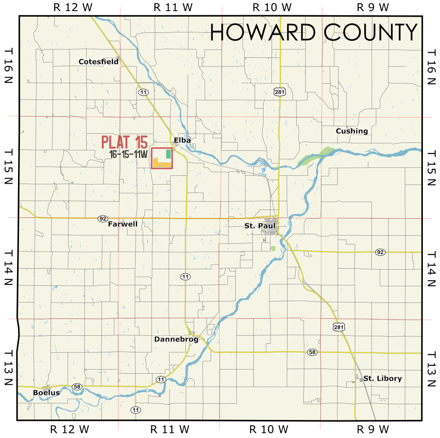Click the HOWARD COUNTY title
point(314,32)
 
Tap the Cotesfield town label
point(98,62)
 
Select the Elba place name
point(182,140)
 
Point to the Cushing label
point(352,131)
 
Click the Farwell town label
point(123,224)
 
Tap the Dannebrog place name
point(176,339)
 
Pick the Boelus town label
point(46,393)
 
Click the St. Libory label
point(382,378)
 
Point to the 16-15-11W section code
point(128,154)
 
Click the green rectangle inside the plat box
point(168,154)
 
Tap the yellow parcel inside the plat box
point(162,164)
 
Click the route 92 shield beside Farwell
point(103,218)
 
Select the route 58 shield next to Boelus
point(76,386)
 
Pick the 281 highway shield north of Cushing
point(279,92)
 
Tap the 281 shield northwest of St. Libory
point(338,327)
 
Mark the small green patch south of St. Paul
point(273,249)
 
